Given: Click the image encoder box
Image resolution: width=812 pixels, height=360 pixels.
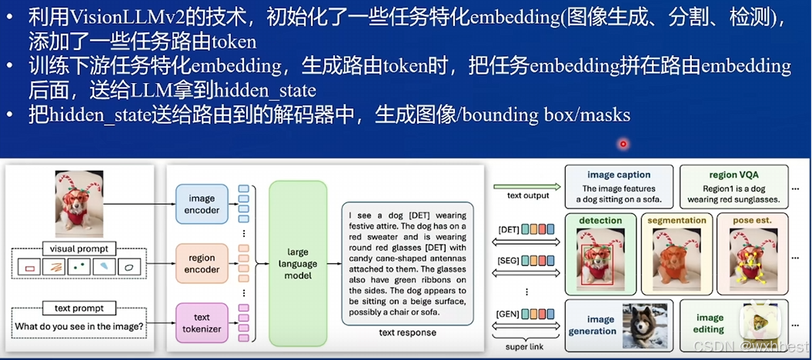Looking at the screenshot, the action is coord(202,204).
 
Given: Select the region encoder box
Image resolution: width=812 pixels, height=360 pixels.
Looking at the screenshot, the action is coord(202,264).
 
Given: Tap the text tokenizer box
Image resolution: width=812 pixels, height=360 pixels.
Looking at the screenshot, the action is coord(202,322).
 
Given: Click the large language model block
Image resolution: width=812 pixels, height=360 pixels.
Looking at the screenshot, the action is coord(298,264).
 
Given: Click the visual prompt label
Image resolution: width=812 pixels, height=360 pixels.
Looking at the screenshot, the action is coord(79,248).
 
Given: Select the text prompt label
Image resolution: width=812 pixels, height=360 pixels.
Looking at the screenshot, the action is coord(79,308).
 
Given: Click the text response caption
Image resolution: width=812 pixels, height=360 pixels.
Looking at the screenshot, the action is coord(407,333).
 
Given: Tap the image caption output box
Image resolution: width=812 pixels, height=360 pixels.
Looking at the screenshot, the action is coord(618,187).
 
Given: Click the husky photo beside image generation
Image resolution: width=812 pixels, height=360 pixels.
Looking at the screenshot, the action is coord(644,324).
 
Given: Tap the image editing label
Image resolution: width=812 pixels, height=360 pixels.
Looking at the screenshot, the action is coord(710,323).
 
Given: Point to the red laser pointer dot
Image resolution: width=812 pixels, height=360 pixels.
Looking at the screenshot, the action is coord(623,143).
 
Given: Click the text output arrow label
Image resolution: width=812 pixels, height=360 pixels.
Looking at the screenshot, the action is coord(528,195).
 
